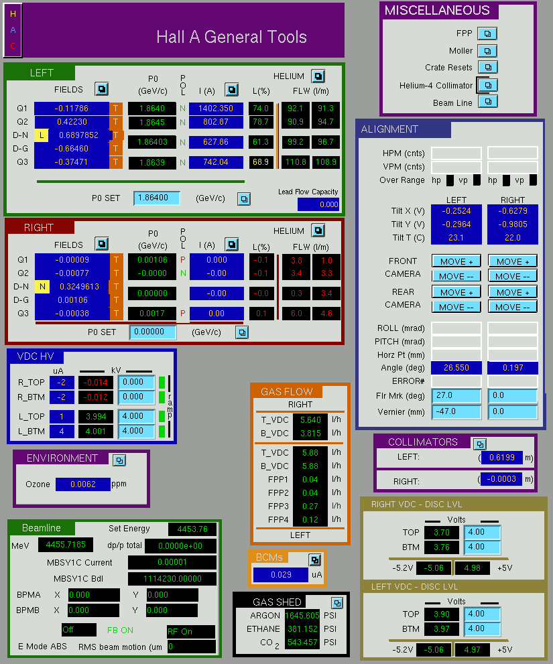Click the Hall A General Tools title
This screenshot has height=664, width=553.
click(x=231, y=38)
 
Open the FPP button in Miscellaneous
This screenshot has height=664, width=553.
click(x=487, y=34)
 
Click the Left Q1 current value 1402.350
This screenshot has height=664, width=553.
click(x=216, y=109)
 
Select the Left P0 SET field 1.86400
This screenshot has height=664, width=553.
click(x=156, y=198)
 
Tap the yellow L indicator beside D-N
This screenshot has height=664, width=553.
click(x=41, y=135)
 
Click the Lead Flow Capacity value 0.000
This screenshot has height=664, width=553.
click(x=318, y=204)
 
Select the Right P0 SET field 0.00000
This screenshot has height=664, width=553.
click(x=153, y=332)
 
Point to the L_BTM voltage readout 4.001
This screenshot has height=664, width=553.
click(x=96, y=431)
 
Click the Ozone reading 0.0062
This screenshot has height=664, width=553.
click(x=83, y=484)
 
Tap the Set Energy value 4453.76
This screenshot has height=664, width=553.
click(x=192, y=529)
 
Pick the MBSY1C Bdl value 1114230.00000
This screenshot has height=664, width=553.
click(x=172, y=579)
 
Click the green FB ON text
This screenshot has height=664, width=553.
click(x=120, y=630)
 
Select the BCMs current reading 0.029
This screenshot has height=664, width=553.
click(x=281, y=575)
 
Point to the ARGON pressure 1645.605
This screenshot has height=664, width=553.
click(x=302, y=615)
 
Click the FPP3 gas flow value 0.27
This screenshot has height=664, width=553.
click(x=310, y=506)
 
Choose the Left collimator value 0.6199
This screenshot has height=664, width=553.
click(x=502, y=458)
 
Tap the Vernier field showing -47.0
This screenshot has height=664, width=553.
click(x=456, y=411)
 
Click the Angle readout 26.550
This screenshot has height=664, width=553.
click(x=456, y=368)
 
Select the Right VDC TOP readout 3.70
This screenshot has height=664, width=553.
click(x=442, y=532)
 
